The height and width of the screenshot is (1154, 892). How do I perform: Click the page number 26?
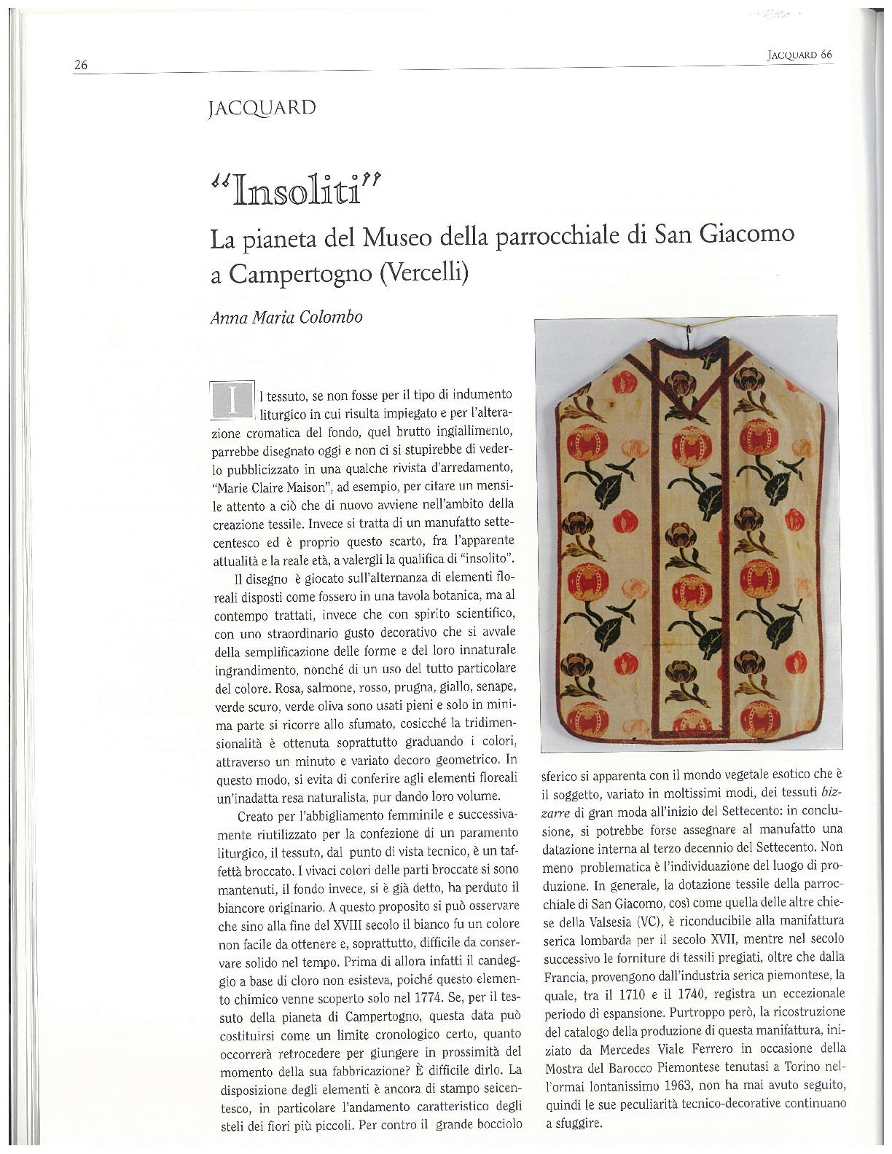(x=80, y=65)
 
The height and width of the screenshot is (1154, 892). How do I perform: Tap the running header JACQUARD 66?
(x=799, y=55)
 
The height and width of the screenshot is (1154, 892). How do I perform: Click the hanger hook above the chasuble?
(x=688, y=337)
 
